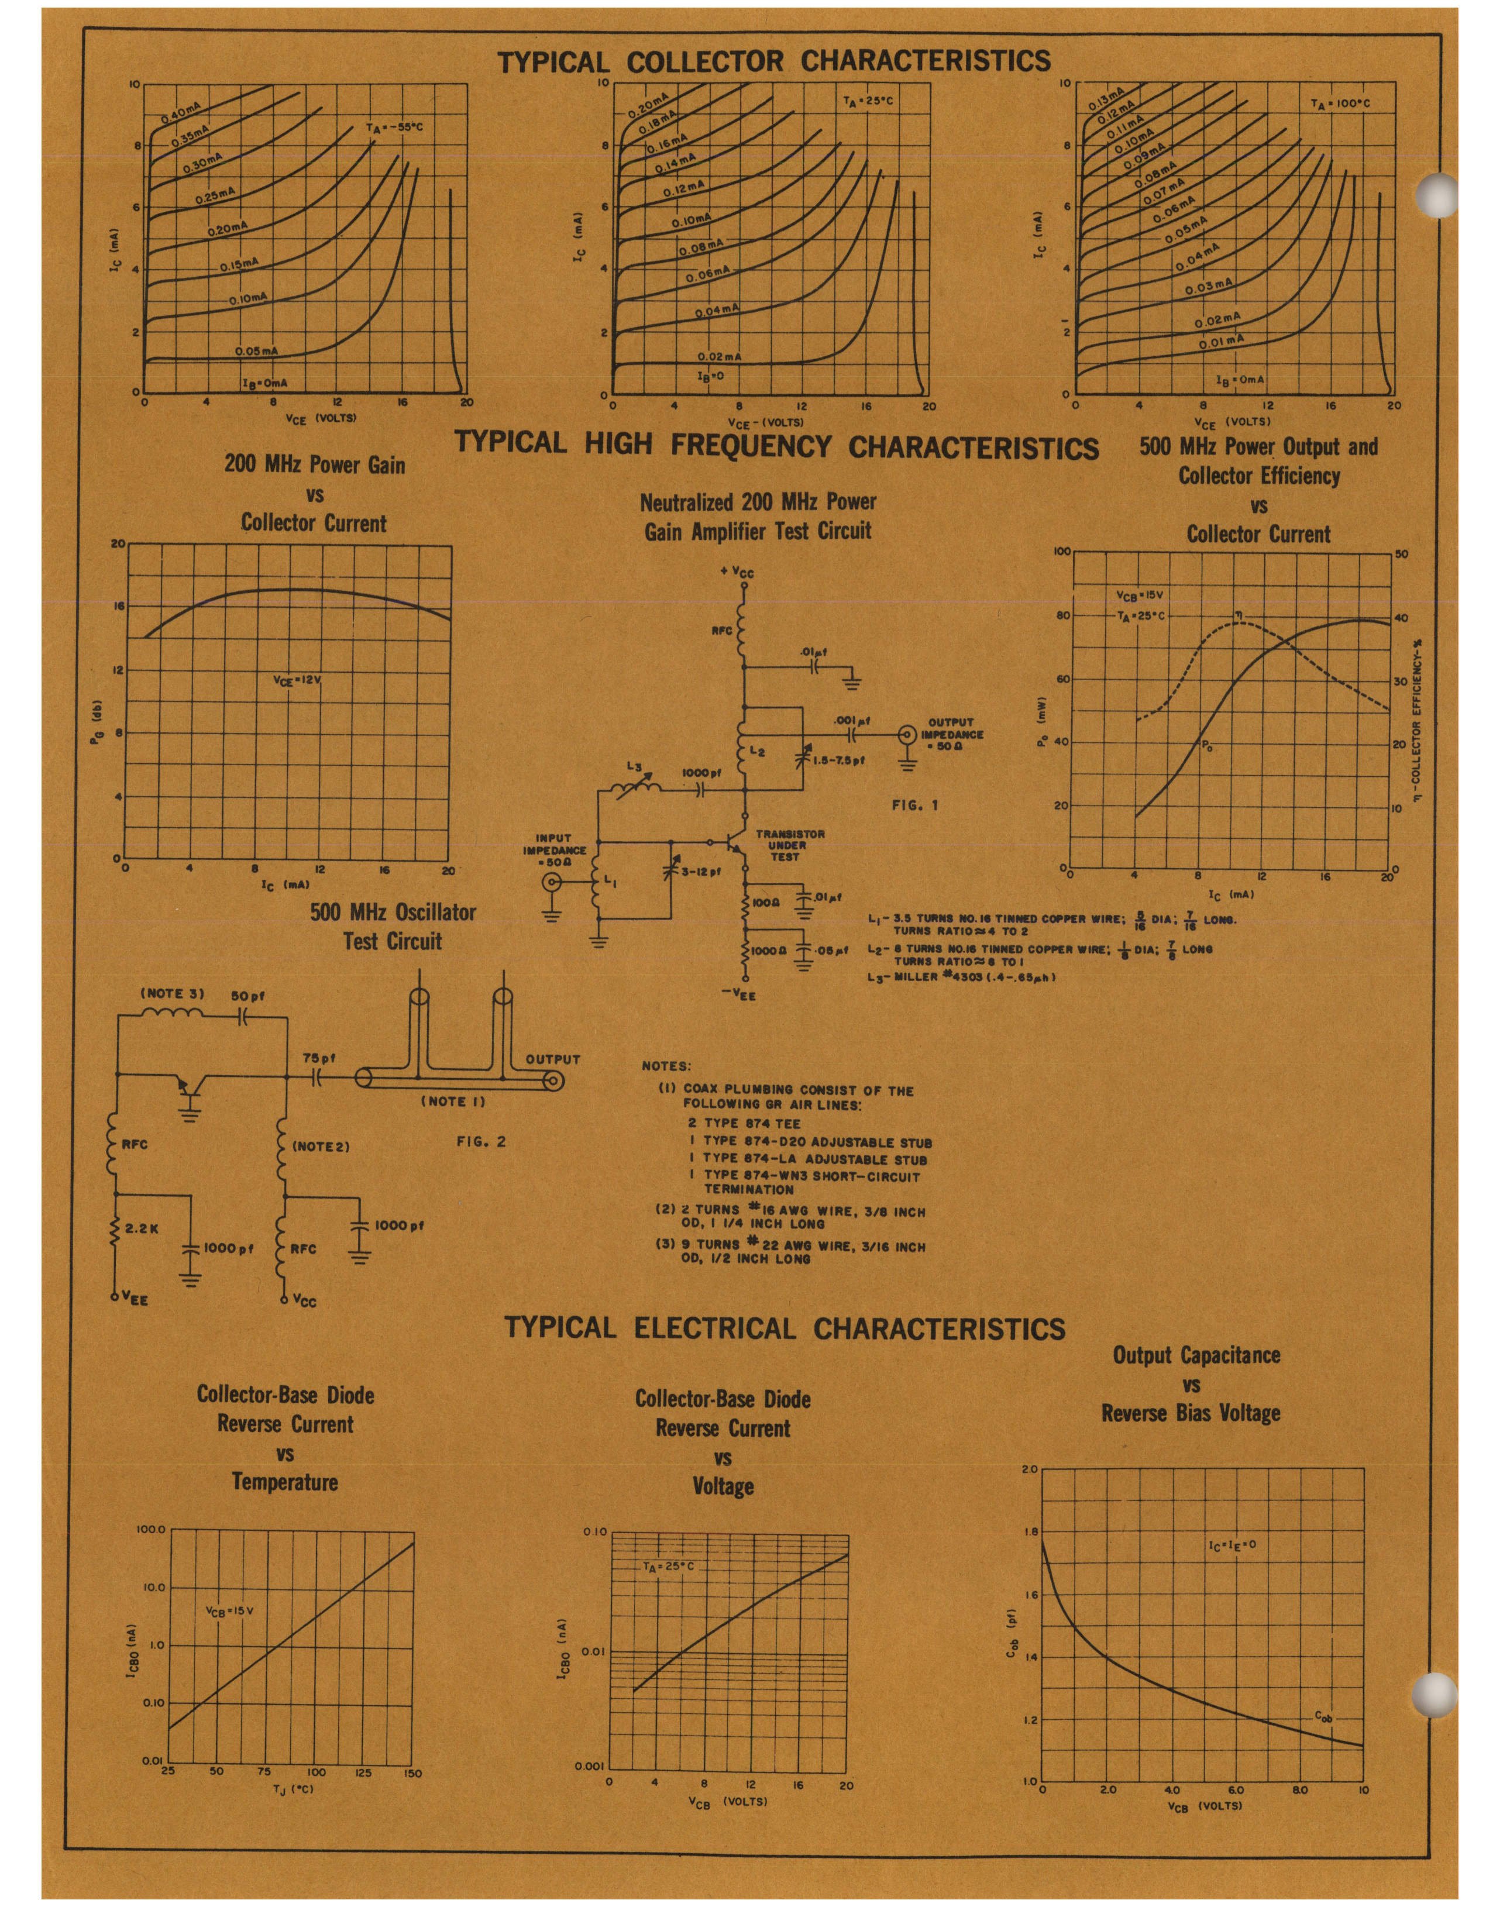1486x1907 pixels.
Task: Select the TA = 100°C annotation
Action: pos(1340,103)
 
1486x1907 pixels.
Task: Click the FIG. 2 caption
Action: pos(481,1141)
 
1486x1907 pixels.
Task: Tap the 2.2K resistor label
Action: pos(142,1228)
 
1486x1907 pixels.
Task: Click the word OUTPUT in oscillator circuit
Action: pos(553,1059)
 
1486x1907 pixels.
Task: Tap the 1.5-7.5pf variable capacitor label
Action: pos(838,760)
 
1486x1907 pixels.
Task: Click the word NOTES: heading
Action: pos(666,1066)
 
